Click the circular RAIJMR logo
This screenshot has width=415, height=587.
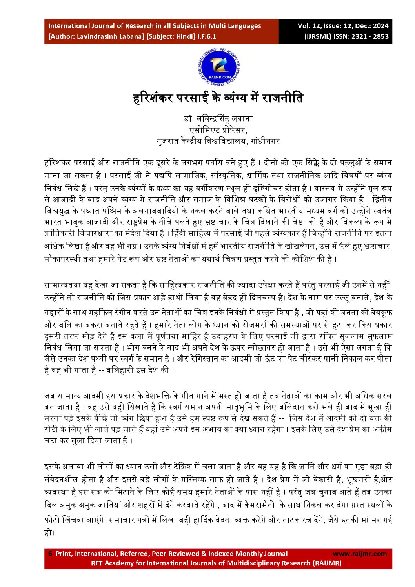(219, 67)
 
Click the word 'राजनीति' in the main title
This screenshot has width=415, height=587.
(282, 98)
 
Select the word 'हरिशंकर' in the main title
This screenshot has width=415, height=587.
(153, 98)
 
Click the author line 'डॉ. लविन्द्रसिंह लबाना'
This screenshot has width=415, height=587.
(218, 119)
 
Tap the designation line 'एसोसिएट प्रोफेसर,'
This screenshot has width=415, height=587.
(218, 130)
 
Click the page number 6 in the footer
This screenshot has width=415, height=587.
(50, 554)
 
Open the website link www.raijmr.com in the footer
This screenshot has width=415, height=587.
(360, 554)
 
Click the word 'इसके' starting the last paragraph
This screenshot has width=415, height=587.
(51, 467)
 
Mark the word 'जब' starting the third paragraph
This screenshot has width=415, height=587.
(49, 396)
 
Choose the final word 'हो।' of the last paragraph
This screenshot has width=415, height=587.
(49, 532)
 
